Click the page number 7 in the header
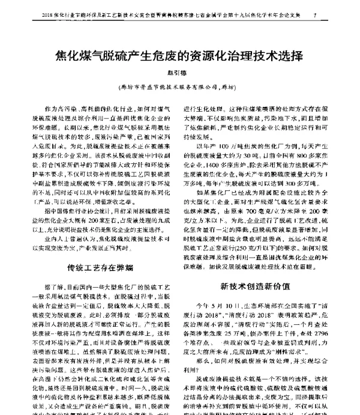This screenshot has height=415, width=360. [x=332, y=14]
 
